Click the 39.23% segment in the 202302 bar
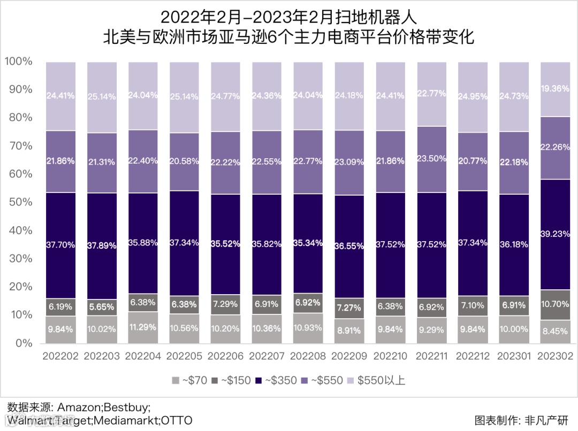pyautogui.click(x=556, y=234)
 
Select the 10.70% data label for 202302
pyautogui.click(x=556, y=305)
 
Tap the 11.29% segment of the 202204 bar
pyautogui.click(x=143, y=327)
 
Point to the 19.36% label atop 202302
pyautogui.click(x=556, y=89)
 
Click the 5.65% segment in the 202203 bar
pyautogui.click(x=102, y=307)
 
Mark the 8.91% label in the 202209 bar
pyautogui.click(x=349, y=330)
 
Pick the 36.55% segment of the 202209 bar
pyautogui.click(x=349, y=246)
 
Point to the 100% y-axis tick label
pyautogui.click(x=19, y=61)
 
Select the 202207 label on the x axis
pyautogui.click(x=267, y=356)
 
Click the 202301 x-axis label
pyautogui.click(x=514, y=356)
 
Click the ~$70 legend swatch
pyautogui.click(x=175, y=381)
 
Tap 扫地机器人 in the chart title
pyautogui.click(x=375, y=16)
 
